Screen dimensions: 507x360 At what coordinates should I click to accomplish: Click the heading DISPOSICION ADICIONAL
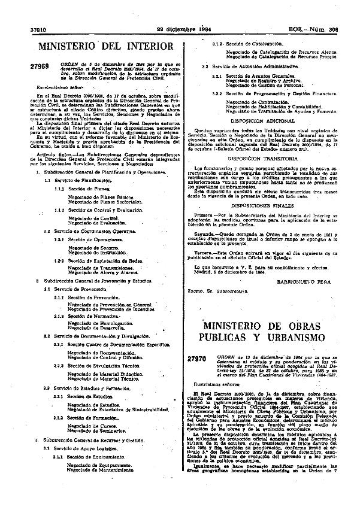point(268,120)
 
